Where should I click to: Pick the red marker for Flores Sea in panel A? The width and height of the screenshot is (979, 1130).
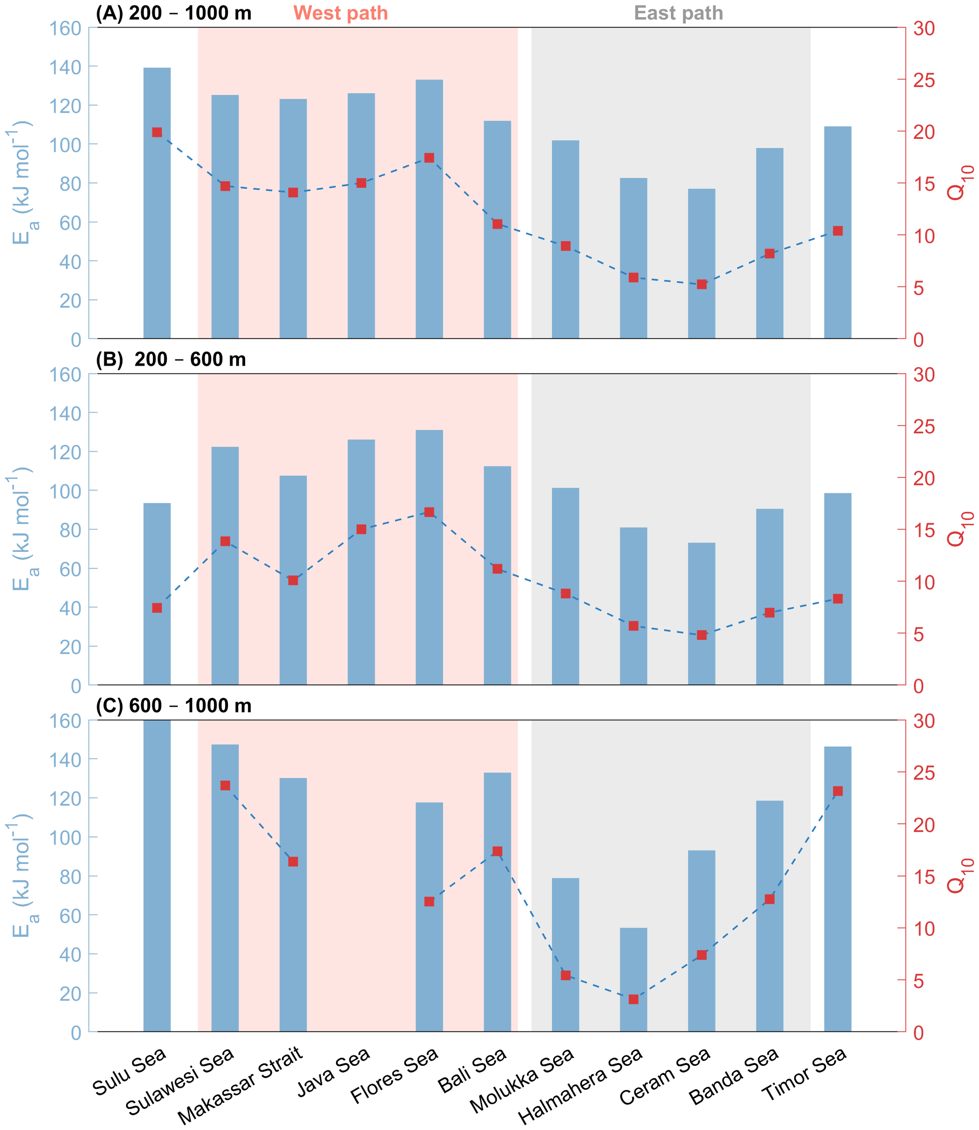tap(429, 158)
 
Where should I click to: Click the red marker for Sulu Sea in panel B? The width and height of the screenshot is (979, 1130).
tap(157, 608)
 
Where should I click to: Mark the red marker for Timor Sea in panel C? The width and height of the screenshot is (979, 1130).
tap(837, 791)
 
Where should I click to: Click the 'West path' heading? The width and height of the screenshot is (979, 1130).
tap(341, 13)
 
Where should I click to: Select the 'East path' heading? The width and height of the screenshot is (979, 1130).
tap(678, 13)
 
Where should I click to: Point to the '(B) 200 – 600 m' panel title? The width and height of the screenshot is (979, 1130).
tap(170, 359)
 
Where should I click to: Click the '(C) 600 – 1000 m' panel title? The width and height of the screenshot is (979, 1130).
tap(173, 706)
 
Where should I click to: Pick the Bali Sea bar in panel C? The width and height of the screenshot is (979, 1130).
tap(497, 902)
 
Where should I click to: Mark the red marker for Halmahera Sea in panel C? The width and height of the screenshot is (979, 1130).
tap(633, 999)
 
